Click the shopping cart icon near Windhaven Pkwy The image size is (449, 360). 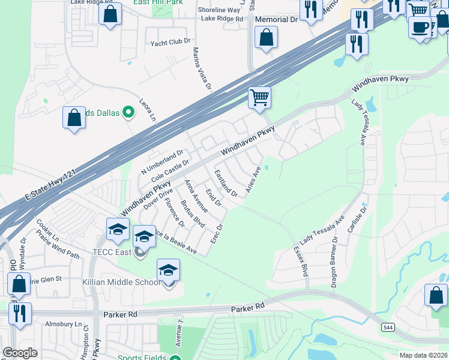coord(260,98)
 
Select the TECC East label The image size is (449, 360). coord(112,252)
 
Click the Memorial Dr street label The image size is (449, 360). coord(276,20)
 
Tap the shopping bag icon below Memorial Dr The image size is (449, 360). coord(266,38)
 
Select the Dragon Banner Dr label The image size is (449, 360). coord(334,262)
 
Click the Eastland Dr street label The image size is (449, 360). coord(226,182)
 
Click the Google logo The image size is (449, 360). coord(20,353)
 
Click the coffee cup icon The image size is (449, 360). coord(421,28)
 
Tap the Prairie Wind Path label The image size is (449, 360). coord(58,247)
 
